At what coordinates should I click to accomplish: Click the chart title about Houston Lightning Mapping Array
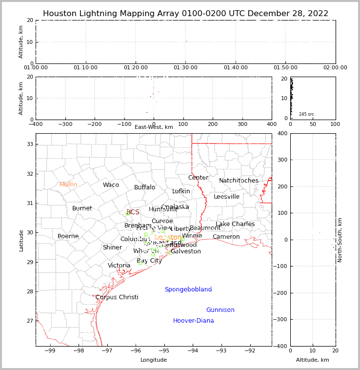[185, 14]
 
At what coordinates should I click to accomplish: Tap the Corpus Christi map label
[117, 297]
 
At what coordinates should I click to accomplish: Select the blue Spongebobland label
[188, 289]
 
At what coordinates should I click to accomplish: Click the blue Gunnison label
[220, 310]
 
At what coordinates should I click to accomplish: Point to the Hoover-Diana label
[194, 321]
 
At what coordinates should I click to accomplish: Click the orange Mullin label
[68, 185]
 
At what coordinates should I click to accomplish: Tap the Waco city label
[111, 185]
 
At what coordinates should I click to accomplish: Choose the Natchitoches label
[239, 181]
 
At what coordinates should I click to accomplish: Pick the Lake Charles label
[235, 224]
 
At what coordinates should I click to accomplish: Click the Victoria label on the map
[119, 266]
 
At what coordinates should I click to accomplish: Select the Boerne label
[68, 236]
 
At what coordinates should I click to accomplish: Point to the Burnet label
[82, 208]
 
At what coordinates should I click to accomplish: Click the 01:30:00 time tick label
[185, 68]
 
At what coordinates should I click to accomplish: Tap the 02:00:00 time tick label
[335, 68]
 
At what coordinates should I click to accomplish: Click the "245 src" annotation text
[306, 114]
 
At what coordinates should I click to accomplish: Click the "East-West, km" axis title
[154, 127]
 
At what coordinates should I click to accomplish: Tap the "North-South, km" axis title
[340, 240]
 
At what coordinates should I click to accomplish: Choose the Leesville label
[226, 197]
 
